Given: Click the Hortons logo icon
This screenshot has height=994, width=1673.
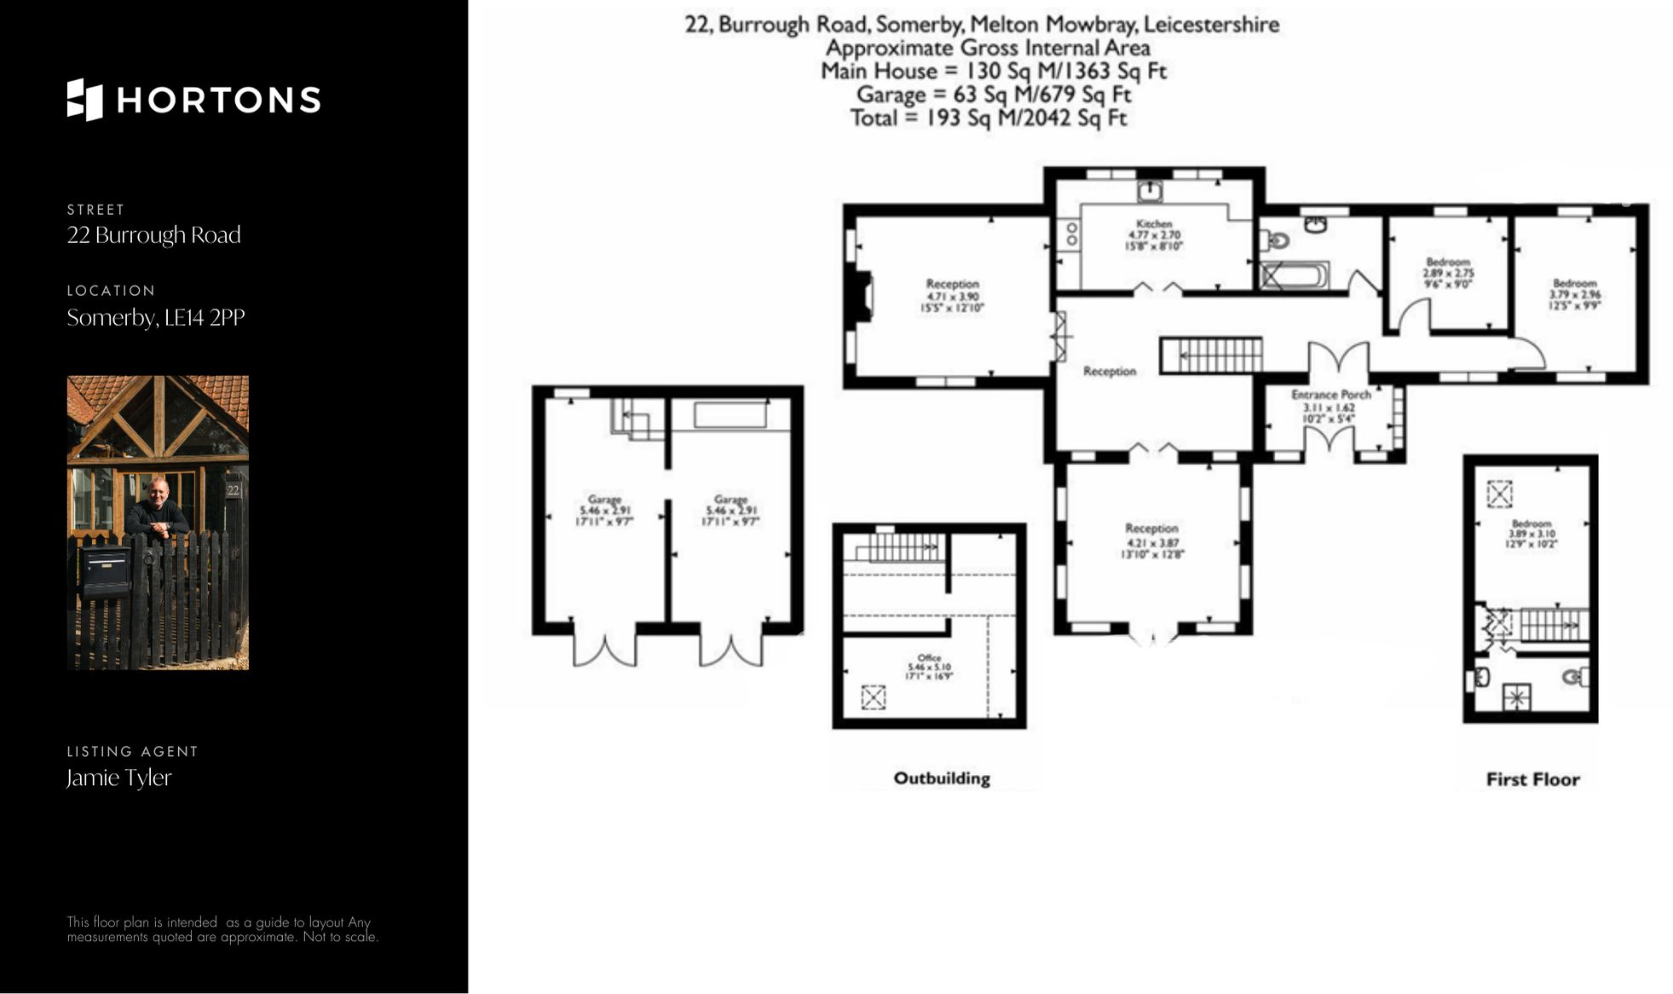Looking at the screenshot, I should click(84, 100).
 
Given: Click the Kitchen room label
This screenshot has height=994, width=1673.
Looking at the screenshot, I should click(1154, 224).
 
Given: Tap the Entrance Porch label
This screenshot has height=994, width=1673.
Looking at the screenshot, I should click(1330, 395).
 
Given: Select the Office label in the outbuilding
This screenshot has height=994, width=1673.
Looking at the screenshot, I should click(929, 658).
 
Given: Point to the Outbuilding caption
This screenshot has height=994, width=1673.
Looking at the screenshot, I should click(941, 778).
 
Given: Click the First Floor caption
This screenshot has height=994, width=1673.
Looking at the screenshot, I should click(1532, 779).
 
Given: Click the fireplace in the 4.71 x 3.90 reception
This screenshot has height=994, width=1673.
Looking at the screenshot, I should click(864, 296).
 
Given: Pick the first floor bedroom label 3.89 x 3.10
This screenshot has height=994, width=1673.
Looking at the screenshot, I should click(1531, 534).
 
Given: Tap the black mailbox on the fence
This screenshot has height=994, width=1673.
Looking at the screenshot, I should click(104, 570).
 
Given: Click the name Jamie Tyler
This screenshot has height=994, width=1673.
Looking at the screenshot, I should click(119, 777).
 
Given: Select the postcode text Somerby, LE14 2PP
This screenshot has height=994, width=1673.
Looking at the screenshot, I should click(156, 318).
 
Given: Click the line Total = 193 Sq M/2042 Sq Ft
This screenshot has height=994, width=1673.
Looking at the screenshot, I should click(988, 118).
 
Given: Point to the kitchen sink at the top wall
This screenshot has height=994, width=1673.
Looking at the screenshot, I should click(1151, 189).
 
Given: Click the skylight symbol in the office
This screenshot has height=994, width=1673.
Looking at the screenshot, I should click(873, 697).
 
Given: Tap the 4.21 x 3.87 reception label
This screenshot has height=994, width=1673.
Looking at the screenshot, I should click(1151, 541).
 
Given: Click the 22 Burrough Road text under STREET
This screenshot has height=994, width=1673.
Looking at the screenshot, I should click(154, 235).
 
